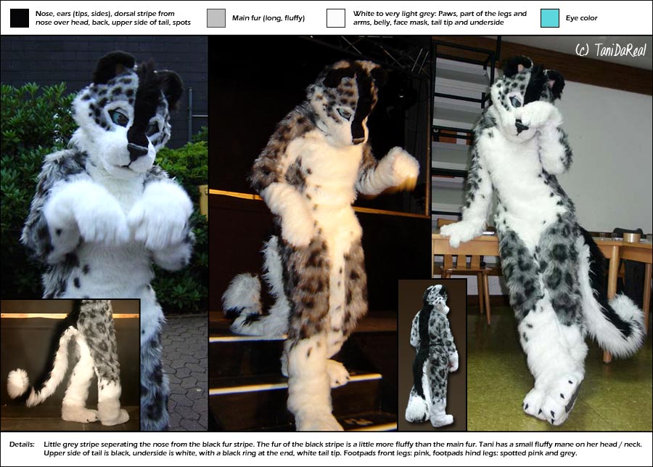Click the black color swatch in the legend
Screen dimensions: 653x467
[20, 18]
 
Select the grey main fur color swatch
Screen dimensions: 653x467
[216, 18]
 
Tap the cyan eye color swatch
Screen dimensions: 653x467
[550, 18]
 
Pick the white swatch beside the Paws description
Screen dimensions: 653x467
[336, 18]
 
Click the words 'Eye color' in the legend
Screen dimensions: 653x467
[581, 18]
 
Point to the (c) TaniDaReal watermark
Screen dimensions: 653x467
[611, 50]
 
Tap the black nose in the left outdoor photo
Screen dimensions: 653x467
[137, 150]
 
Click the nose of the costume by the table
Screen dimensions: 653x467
[520, 126]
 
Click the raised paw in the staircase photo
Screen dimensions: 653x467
[401, 164]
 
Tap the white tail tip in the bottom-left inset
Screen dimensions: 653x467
[17, 383]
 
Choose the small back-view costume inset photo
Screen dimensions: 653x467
[432, 355]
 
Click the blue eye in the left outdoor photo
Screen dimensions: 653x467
[119, 118]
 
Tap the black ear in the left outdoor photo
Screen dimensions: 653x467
[114, 67]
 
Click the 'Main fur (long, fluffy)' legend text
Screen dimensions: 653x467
[268, 18]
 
